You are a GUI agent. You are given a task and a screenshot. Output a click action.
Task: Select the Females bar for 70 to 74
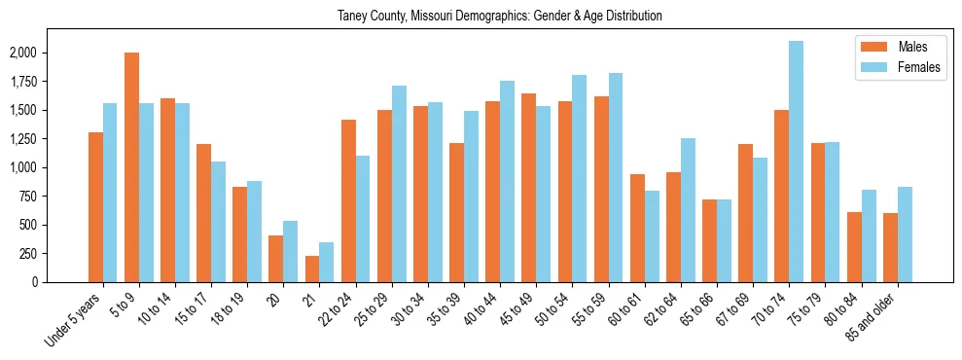coord(796,162)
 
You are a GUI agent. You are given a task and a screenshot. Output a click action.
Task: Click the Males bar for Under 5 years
coord(95,207)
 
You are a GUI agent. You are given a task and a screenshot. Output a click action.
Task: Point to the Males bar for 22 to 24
coord(348,200)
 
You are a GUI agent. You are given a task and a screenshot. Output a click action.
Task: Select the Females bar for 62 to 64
coord(688,210)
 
